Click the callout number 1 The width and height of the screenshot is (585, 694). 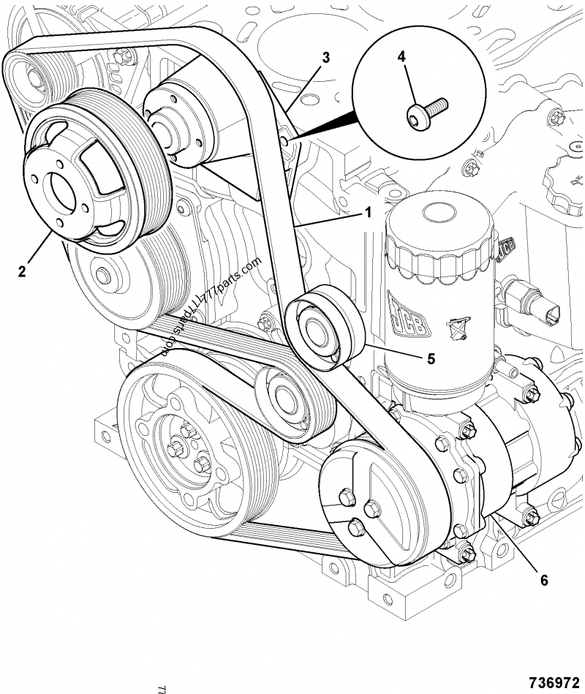pyautogui.click(x=369, y=213)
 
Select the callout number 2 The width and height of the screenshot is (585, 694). pyautogui.click(x=22, y=271)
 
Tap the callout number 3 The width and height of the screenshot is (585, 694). pyautogui.click(x=326, y=58)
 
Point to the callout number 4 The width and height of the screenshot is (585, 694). pyautogui.click(x=401, y=56)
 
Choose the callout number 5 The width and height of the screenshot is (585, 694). pyautogui.click(x=431, y=358)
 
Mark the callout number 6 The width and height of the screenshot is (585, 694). pyautogui.click(x=543, y=580)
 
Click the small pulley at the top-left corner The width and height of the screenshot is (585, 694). pyautogui.click(x=37, y=76)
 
